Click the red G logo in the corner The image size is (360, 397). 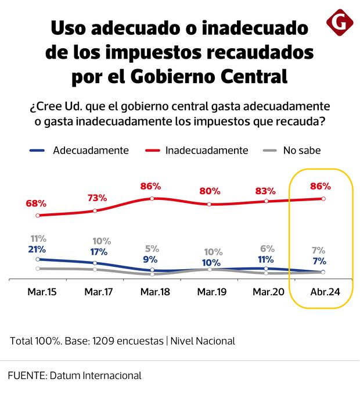[x=340, y=23]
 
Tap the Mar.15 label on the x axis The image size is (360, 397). [x=42, y=291]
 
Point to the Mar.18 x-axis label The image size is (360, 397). [x=155, y=291]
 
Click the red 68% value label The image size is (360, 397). [x=36, y=203]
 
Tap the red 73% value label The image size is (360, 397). [x=97, y=198]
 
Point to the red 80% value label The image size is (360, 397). [x=210, y=190]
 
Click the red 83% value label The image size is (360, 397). [x=265, y=190]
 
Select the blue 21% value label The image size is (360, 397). [x=37, y=249]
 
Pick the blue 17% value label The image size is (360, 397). [x=98, y=252]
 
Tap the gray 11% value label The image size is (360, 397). [x=38, y=239]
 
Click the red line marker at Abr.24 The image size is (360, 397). [x=323, y=198]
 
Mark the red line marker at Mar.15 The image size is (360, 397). [x=38, y=215]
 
